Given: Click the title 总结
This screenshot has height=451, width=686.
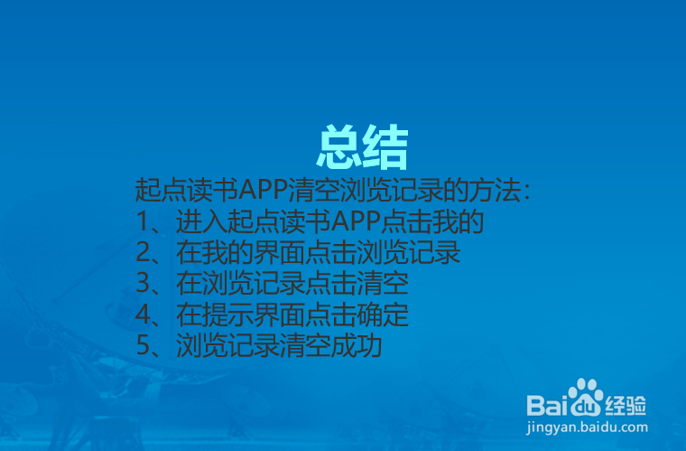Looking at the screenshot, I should click(363, 147).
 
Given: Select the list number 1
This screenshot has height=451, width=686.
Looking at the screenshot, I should click(143, 222).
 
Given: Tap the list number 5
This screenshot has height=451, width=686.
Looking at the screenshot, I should click(143, 346).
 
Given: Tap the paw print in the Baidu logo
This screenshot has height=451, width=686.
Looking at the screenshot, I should click(589, 396).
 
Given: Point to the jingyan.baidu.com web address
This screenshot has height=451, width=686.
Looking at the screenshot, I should click(588, 428).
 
